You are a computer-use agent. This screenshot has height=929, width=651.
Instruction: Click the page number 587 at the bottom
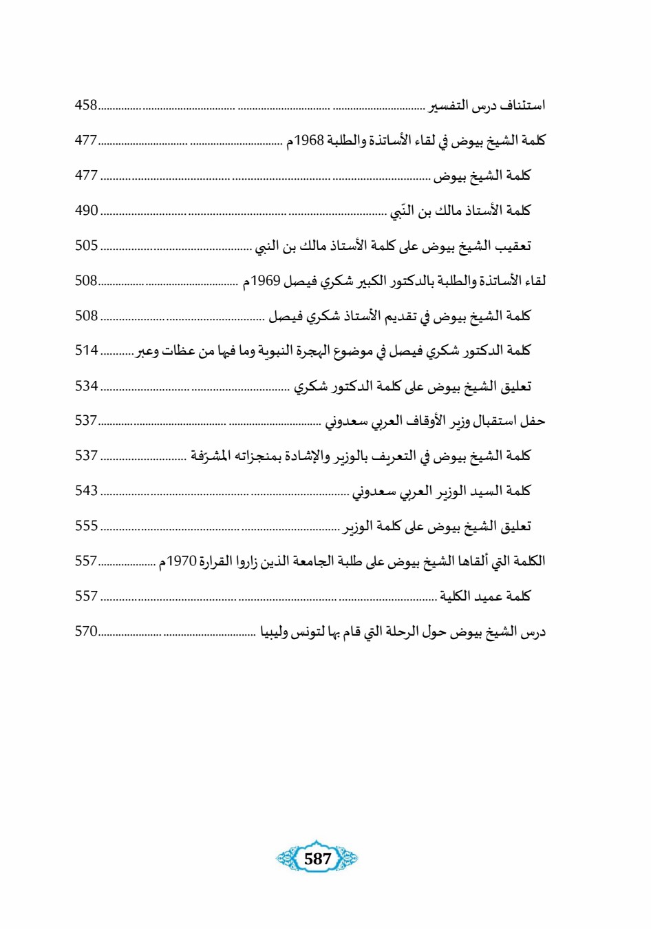[317, 859]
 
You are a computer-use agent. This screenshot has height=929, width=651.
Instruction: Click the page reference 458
[86, 105]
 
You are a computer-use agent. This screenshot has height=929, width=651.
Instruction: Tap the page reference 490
[87, 210]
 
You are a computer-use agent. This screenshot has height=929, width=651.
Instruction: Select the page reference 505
[87, 245]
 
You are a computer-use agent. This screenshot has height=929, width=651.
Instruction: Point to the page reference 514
[87, 350]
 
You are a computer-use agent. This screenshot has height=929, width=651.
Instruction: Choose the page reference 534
[87, 386]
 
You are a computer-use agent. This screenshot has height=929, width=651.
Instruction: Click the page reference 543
[87, 490]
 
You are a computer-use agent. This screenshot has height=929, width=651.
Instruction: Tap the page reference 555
[87, 525]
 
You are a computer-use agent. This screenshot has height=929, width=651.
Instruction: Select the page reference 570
[87, 631]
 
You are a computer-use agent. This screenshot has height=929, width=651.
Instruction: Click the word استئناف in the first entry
[522, 105]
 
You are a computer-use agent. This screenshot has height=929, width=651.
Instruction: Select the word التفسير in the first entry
[449, 105]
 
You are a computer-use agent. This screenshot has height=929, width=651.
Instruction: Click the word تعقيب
[513, 246]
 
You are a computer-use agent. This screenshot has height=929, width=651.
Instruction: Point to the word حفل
[533, 420]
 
